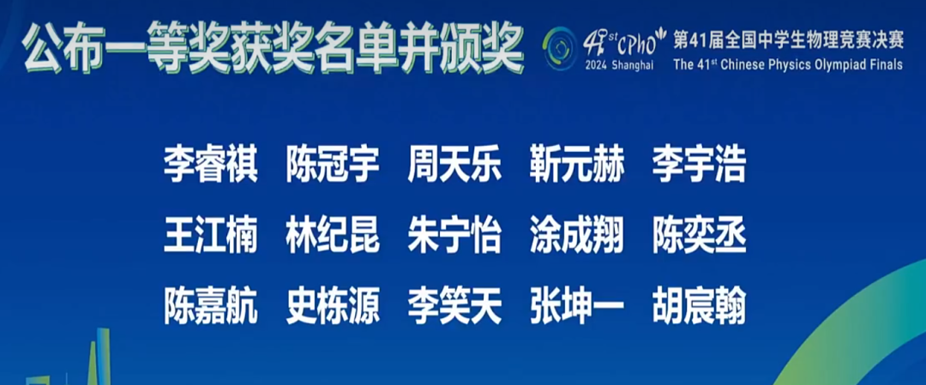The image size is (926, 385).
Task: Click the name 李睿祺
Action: (x=210, y=165)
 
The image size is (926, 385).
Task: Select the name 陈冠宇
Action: (x=333, y=165)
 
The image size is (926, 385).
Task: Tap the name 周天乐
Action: (x=454, y=165)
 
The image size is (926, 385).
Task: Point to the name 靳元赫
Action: (x=577, y=165)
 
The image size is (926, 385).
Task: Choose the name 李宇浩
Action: (x=699, y=165)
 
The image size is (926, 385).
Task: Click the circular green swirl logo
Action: (x=562, y=44)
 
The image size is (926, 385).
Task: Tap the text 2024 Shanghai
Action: (x=619, y=65)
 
